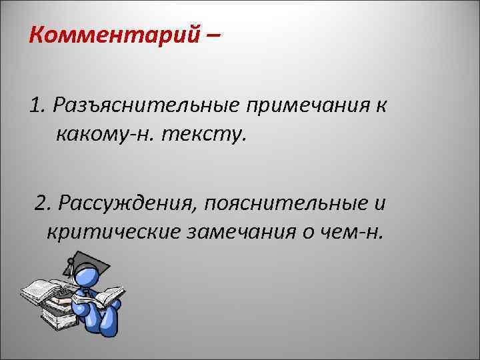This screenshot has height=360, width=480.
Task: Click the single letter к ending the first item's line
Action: (380, 105)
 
